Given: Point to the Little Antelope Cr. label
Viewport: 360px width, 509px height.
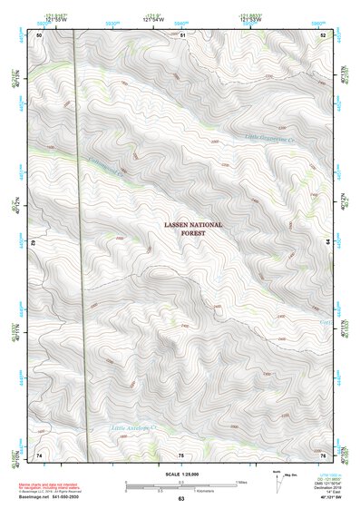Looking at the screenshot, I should pyautogui.click(x=133, y=426).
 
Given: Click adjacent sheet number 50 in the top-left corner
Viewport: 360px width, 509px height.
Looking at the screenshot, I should pyautogui.click(x=39, y=34).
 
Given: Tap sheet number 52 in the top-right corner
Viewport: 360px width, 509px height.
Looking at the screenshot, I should pyautogui.click(x=324, y=34).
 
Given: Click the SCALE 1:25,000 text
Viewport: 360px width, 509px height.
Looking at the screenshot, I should pyautogui.click(x=180, y=473).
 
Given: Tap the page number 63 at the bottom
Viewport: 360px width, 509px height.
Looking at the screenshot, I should pyautogui.click(x=180, y=499).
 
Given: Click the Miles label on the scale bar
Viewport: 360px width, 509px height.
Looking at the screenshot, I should pyautogui.click(x=240, y=481).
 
